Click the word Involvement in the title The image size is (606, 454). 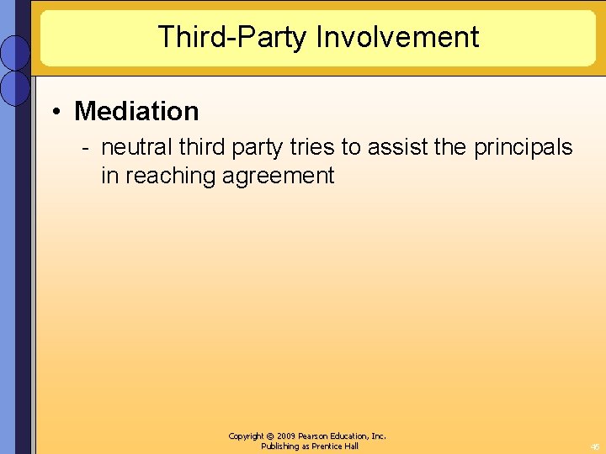(x=398, y=37)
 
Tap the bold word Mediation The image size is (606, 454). (x=136, y=111)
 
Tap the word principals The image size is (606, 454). (x=523, y=148)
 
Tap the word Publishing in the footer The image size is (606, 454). (x=281, y=446)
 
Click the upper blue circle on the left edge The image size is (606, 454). (x=16, y=52)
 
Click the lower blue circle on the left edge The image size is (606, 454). (x=16, y=87)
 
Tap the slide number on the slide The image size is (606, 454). (x=593, y=446)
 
